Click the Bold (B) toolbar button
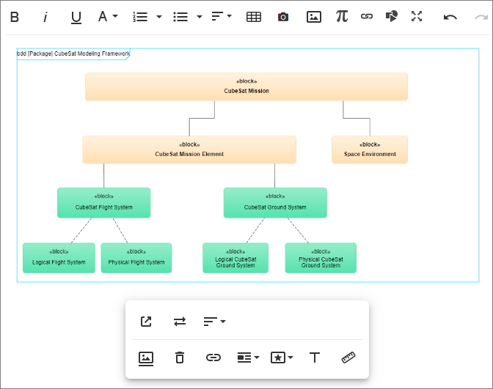tap(15, 17)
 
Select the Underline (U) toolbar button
tap(76, 18)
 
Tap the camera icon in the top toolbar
tap(283, 17)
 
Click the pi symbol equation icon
tap(342, 16)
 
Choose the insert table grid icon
tap(254, 17)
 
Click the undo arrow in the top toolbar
tap(450, 17)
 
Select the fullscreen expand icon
tap(417, 16)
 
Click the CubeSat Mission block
tap(246, 86)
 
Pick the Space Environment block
tap(370, 149)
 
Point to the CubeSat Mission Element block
tap(189, 149)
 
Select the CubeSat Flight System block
tap(103, 203)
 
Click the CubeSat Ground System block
tap(275, 203)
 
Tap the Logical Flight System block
tap(59, 258)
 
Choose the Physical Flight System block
tap(136, 258)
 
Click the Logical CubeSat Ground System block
tap(235, 258)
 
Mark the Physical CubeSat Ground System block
tap(321, 258)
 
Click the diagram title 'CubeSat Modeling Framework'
tap(92, 53)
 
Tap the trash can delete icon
tap(180, 357)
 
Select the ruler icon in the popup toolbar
tap(348, 357)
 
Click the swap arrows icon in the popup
tap(180, 322)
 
